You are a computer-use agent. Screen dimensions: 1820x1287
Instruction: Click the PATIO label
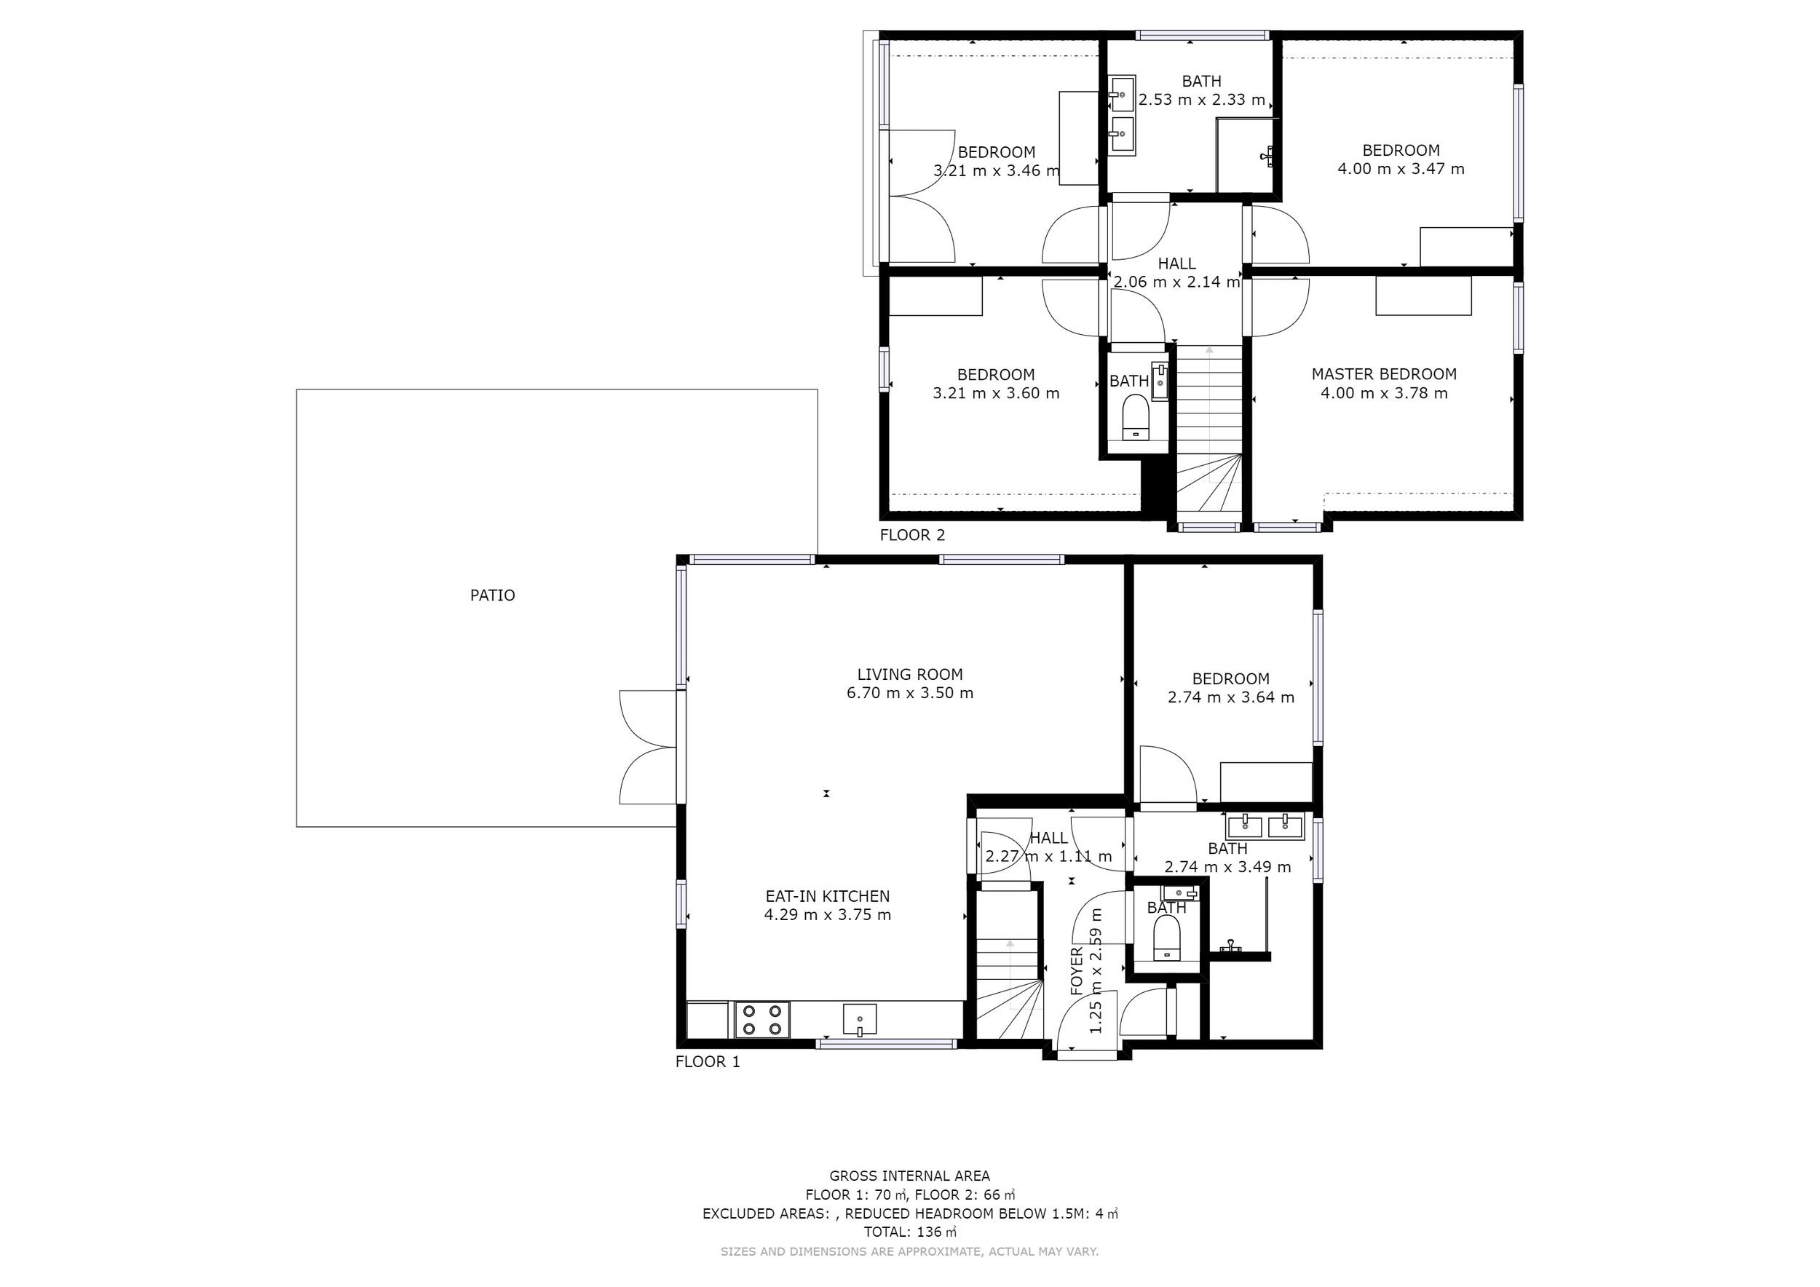(x=492, y=595)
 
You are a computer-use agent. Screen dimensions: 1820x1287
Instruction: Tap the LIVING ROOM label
(x=910, y=674)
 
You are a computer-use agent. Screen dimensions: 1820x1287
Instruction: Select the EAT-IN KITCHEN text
(x=828, y=896)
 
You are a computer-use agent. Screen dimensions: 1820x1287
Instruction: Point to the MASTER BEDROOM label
(x=1384, y=374)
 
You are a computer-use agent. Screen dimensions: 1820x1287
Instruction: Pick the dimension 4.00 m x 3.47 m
(x=1401, y=169)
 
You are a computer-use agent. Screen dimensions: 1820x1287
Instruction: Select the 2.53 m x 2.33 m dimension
(x=1202, y=100)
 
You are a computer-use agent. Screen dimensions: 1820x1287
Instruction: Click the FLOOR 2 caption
(x=912, y=535)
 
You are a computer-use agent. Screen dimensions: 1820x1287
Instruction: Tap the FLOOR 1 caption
(x=708, y=1062)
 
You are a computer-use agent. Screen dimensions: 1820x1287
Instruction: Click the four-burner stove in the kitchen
(x=762, y=1020)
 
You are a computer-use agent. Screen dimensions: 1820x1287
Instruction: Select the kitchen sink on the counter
(x=859, y=1020)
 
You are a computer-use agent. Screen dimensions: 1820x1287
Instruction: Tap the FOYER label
(x=1077, y=971)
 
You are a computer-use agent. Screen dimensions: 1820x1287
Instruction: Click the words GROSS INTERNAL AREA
(x=910, y=1176)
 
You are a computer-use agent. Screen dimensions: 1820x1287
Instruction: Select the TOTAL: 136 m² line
(x=910, y=1232)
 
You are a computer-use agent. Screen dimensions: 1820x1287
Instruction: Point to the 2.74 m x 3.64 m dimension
(x=1231, y=697)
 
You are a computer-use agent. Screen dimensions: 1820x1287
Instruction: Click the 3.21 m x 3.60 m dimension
(x=997, y=393)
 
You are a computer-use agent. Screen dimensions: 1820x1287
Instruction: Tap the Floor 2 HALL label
(x=1177, y=263)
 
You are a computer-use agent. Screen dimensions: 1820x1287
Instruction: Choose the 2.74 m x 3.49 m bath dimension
(x=1228, y=867)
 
